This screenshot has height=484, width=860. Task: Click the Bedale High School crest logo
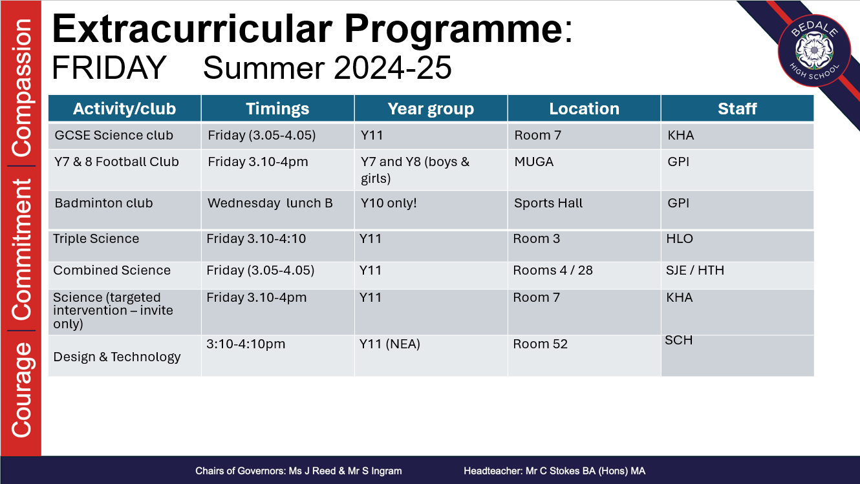pos(814,50)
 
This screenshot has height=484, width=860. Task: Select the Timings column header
pos(277,109)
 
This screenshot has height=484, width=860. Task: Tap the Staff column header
pos(737,109)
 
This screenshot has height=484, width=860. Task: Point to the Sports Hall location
pos(548,203)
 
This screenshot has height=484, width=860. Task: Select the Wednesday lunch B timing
pos(270,203)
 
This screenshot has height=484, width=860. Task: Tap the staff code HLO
pos(680,238)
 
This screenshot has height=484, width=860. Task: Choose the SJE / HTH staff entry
pos(695,270)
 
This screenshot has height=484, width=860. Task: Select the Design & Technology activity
pos(116,357)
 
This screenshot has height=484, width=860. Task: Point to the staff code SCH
pos(679,340)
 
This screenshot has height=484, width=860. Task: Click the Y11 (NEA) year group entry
pos(390,344)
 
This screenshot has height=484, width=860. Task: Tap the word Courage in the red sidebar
pos(22,390)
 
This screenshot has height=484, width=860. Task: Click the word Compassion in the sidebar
pos(22,87)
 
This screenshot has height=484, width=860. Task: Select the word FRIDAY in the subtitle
pos(109,68)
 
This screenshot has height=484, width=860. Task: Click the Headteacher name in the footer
pos(554,471)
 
